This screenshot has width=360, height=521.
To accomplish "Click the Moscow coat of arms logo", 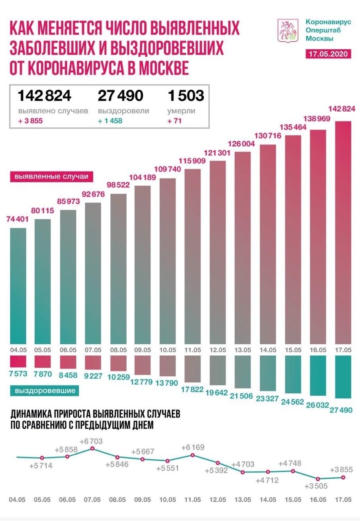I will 288,31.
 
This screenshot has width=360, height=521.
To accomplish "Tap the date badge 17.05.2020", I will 328,54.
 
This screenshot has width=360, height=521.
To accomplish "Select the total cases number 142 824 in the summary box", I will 44,96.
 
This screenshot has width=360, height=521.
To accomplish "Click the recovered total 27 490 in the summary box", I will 120,96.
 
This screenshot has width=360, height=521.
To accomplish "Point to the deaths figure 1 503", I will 186,96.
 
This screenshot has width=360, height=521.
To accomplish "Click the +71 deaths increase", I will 174,121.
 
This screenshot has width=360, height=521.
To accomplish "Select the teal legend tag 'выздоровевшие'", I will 45,391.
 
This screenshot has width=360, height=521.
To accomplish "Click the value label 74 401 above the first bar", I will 18,219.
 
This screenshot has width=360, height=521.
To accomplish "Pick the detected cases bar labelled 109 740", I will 168,260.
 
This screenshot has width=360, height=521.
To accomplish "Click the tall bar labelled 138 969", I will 318,237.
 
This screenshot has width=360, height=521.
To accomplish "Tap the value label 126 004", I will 241,144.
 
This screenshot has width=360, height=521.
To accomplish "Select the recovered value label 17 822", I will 192,389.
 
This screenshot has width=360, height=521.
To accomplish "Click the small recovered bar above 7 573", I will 18,361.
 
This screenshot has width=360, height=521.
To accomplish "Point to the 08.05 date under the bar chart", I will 118,350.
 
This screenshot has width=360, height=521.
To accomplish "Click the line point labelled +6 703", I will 93,449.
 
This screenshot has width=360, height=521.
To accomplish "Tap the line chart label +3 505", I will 316,486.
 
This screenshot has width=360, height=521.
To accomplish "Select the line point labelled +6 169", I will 193,455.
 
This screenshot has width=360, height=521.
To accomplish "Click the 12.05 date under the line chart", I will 218,500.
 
